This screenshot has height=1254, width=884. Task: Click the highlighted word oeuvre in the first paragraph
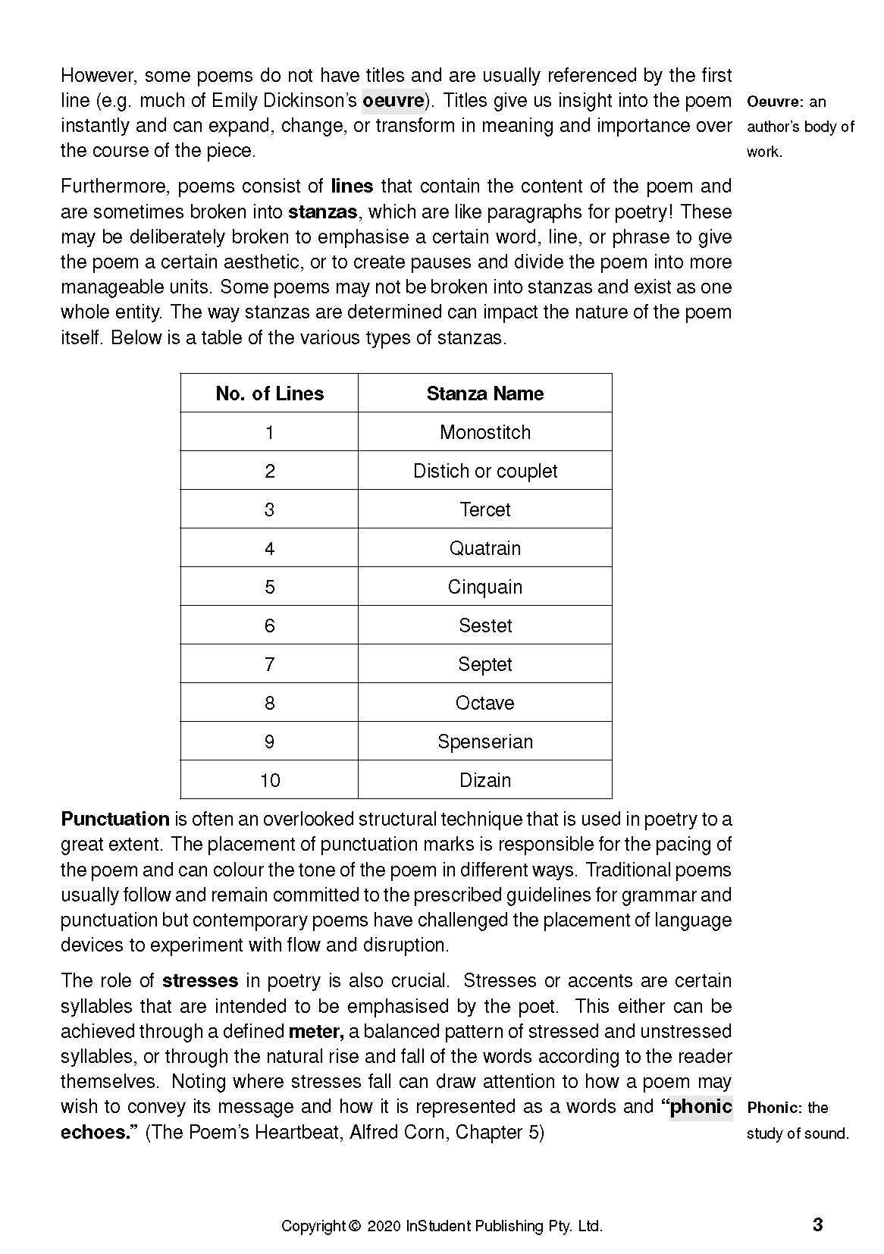point(393,101)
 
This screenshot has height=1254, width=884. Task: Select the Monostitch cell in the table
point(484,432)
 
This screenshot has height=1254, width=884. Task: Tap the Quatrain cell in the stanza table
point(484,548)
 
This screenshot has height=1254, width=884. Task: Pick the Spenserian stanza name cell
point(484,741)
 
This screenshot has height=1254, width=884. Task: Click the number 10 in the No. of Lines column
point(269,780)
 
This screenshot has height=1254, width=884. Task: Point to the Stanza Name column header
point(484,393)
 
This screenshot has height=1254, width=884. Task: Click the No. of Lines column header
point(269,393)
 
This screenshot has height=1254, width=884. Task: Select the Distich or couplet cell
point(484,471)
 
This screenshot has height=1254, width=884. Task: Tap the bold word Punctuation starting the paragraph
point(114,820)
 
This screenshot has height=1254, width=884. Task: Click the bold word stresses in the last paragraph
point(200,981)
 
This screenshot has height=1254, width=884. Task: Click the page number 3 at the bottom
point(817,1224)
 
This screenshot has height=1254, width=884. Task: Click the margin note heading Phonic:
point(774,1108)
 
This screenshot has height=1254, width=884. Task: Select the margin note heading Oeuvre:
point(774,102)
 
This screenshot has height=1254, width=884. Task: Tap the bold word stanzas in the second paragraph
point(322,212)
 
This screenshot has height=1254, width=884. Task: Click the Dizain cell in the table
point(484,780)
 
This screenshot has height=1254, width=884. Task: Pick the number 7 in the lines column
point(269,664)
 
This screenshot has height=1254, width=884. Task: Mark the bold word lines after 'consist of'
point(353,187)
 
